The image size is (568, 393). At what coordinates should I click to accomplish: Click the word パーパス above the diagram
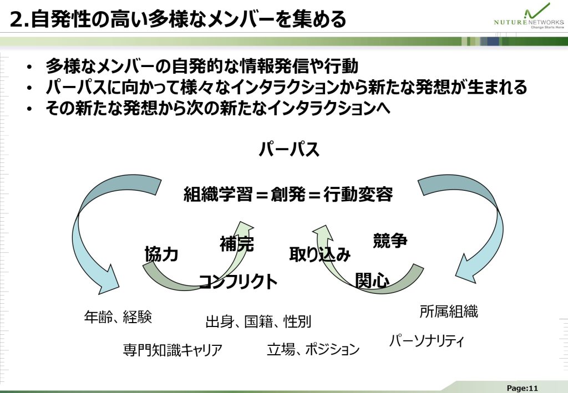click(x=289, y=150)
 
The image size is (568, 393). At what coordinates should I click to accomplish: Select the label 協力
click(x=161, y=254)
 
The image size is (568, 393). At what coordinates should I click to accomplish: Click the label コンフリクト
click(x=238, y=282)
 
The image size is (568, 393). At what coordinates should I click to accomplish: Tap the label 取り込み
click(x=320, y=254)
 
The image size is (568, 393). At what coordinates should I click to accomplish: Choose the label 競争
click(x=390, y=241)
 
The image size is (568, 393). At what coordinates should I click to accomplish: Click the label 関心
click(x=372, y=280)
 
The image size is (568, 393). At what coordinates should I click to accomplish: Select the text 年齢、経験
click(x=118, y=317)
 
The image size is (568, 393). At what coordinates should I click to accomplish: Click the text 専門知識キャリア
click(x=173, y=350)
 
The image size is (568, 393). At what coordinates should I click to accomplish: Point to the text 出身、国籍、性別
click(x=258, y=321)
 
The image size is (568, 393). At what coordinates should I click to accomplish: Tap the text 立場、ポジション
click(x=313, y=349)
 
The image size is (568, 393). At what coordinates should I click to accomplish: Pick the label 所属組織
click(x=449, y=312)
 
